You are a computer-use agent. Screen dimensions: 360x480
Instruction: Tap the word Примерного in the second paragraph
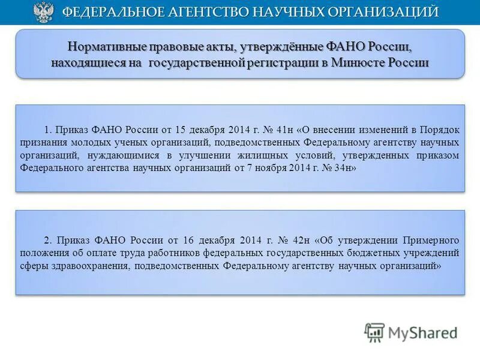pos(430,239)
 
